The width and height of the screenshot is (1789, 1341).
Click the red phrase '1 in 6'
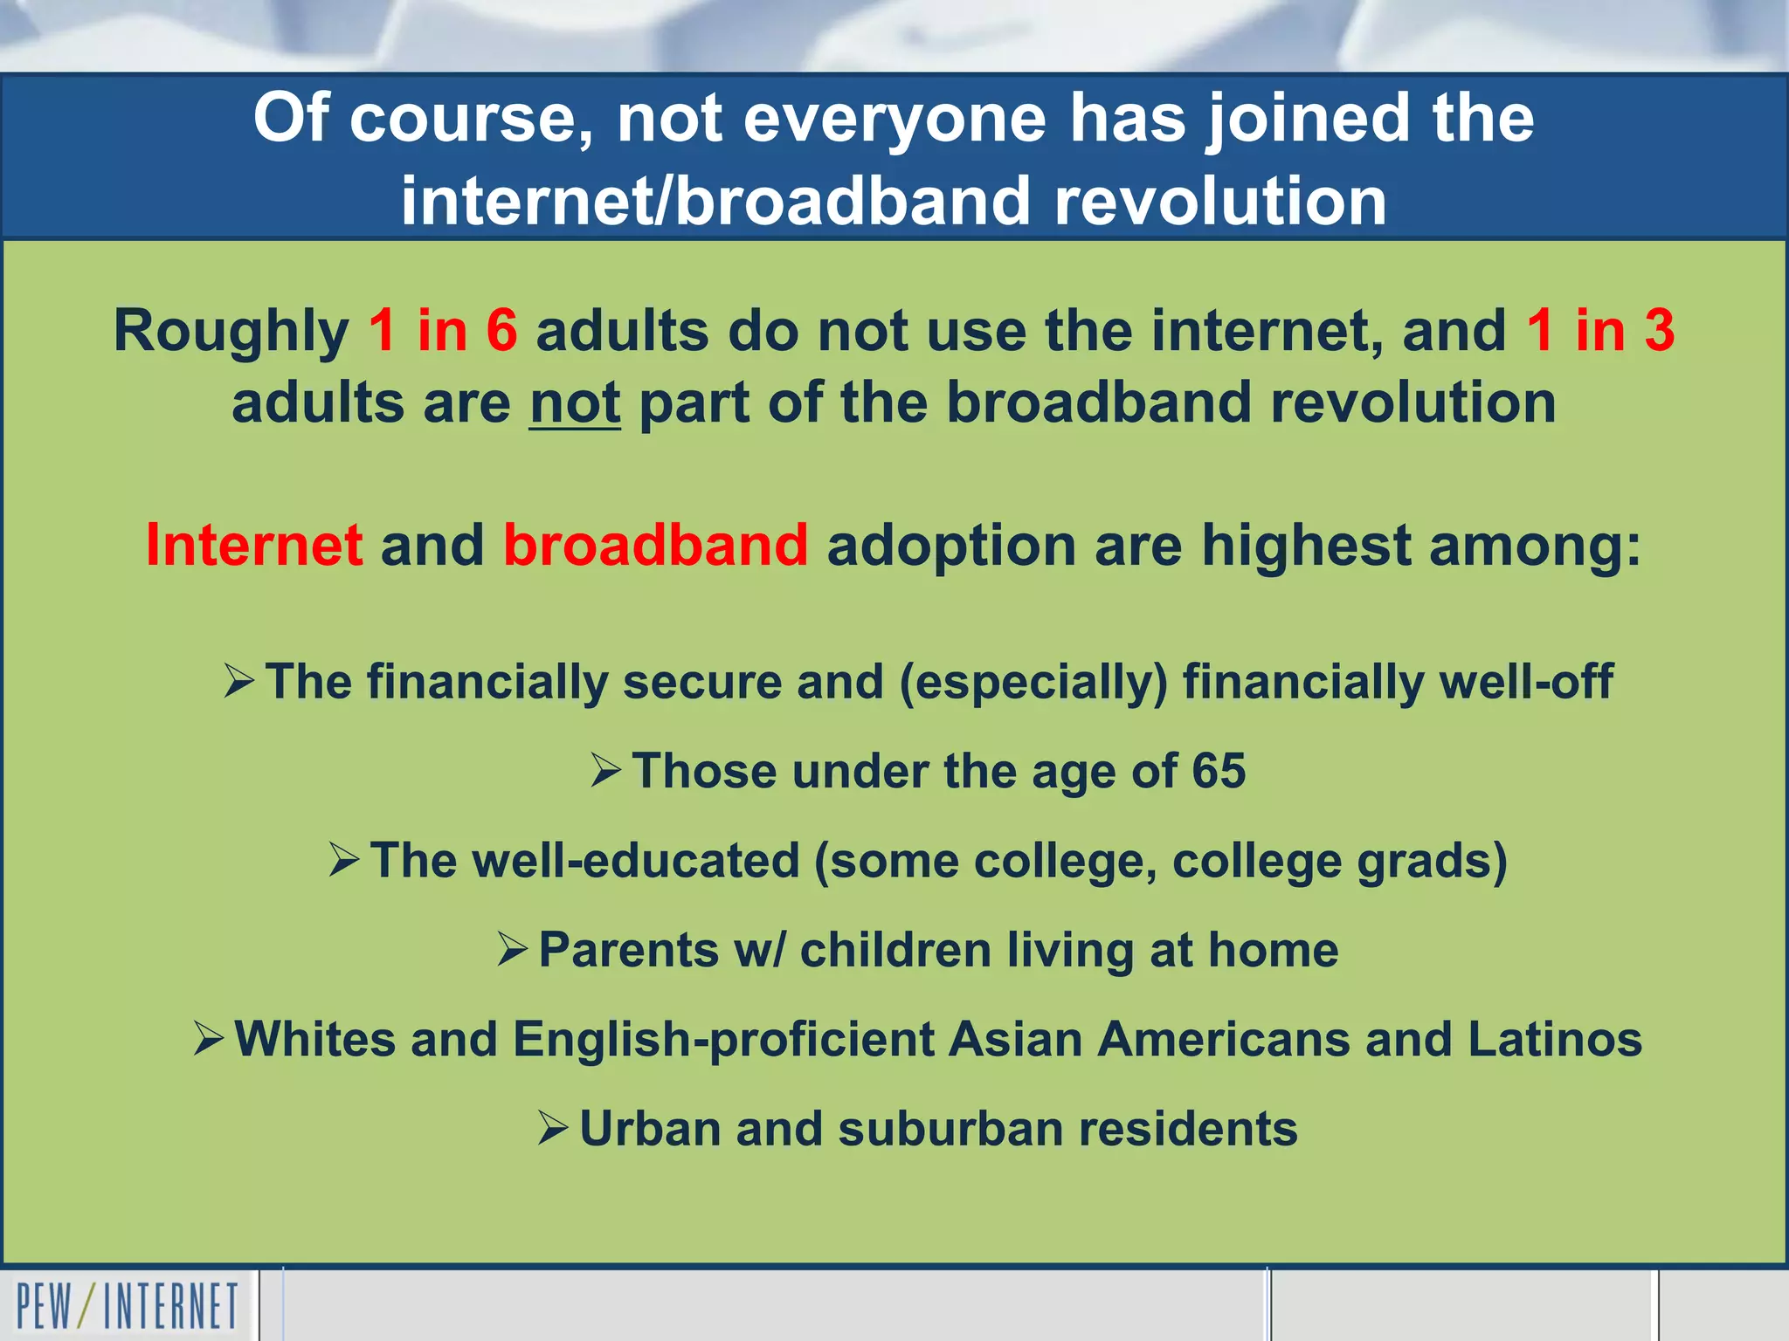tap(443, 331)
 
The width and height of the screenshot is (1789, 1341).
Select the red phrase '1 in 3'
tap(1600, 331)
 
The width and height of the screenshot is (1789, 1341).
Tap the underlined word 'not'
tap(575, 403)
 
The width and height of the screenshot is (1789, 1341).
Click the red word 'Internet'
tap(254, 545)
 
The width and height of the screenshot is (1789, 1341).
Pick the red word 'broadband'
tap(656, 545)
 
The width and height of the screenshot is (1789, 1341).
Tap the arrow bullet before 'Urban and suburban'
tap(554, 1128)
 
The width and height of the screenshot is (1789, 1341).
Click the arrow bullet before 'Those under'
tap(606, 771)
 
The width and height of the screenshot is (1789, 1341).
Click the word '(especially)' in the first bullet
tap(1033, 682)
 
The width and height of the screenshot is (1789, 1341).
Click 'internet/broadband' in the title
tap(716, 201)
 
